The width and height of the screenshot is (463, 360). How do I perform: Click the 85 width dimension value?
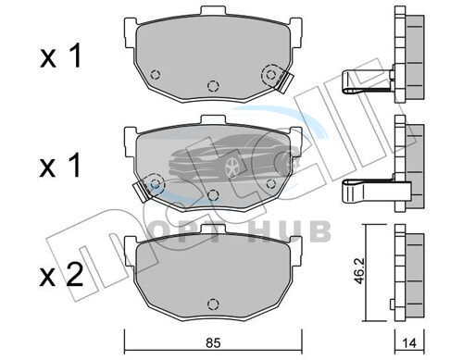[213, 343]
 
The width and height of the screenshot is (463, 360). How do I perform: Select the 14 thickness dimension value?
[409, 343]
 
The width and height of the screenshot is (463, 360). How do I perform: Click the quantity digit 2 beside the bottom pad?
[74, 277]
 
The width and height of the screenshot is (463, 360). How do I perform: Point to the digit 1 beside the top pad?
[75, 56]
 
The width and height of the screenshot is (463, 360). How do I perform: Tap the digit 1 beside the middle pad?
[75, 167]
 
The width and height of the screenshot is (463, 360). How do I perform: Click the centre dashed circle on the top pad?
[213, 86]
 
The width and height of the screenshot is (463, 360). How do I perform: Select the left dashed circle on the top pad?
[156, 74]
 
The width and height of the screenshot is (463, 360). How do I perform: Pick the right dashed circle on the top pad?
[270, 74]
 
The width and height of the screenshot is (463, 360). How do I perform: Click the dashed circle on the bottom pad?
[213, 304]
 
